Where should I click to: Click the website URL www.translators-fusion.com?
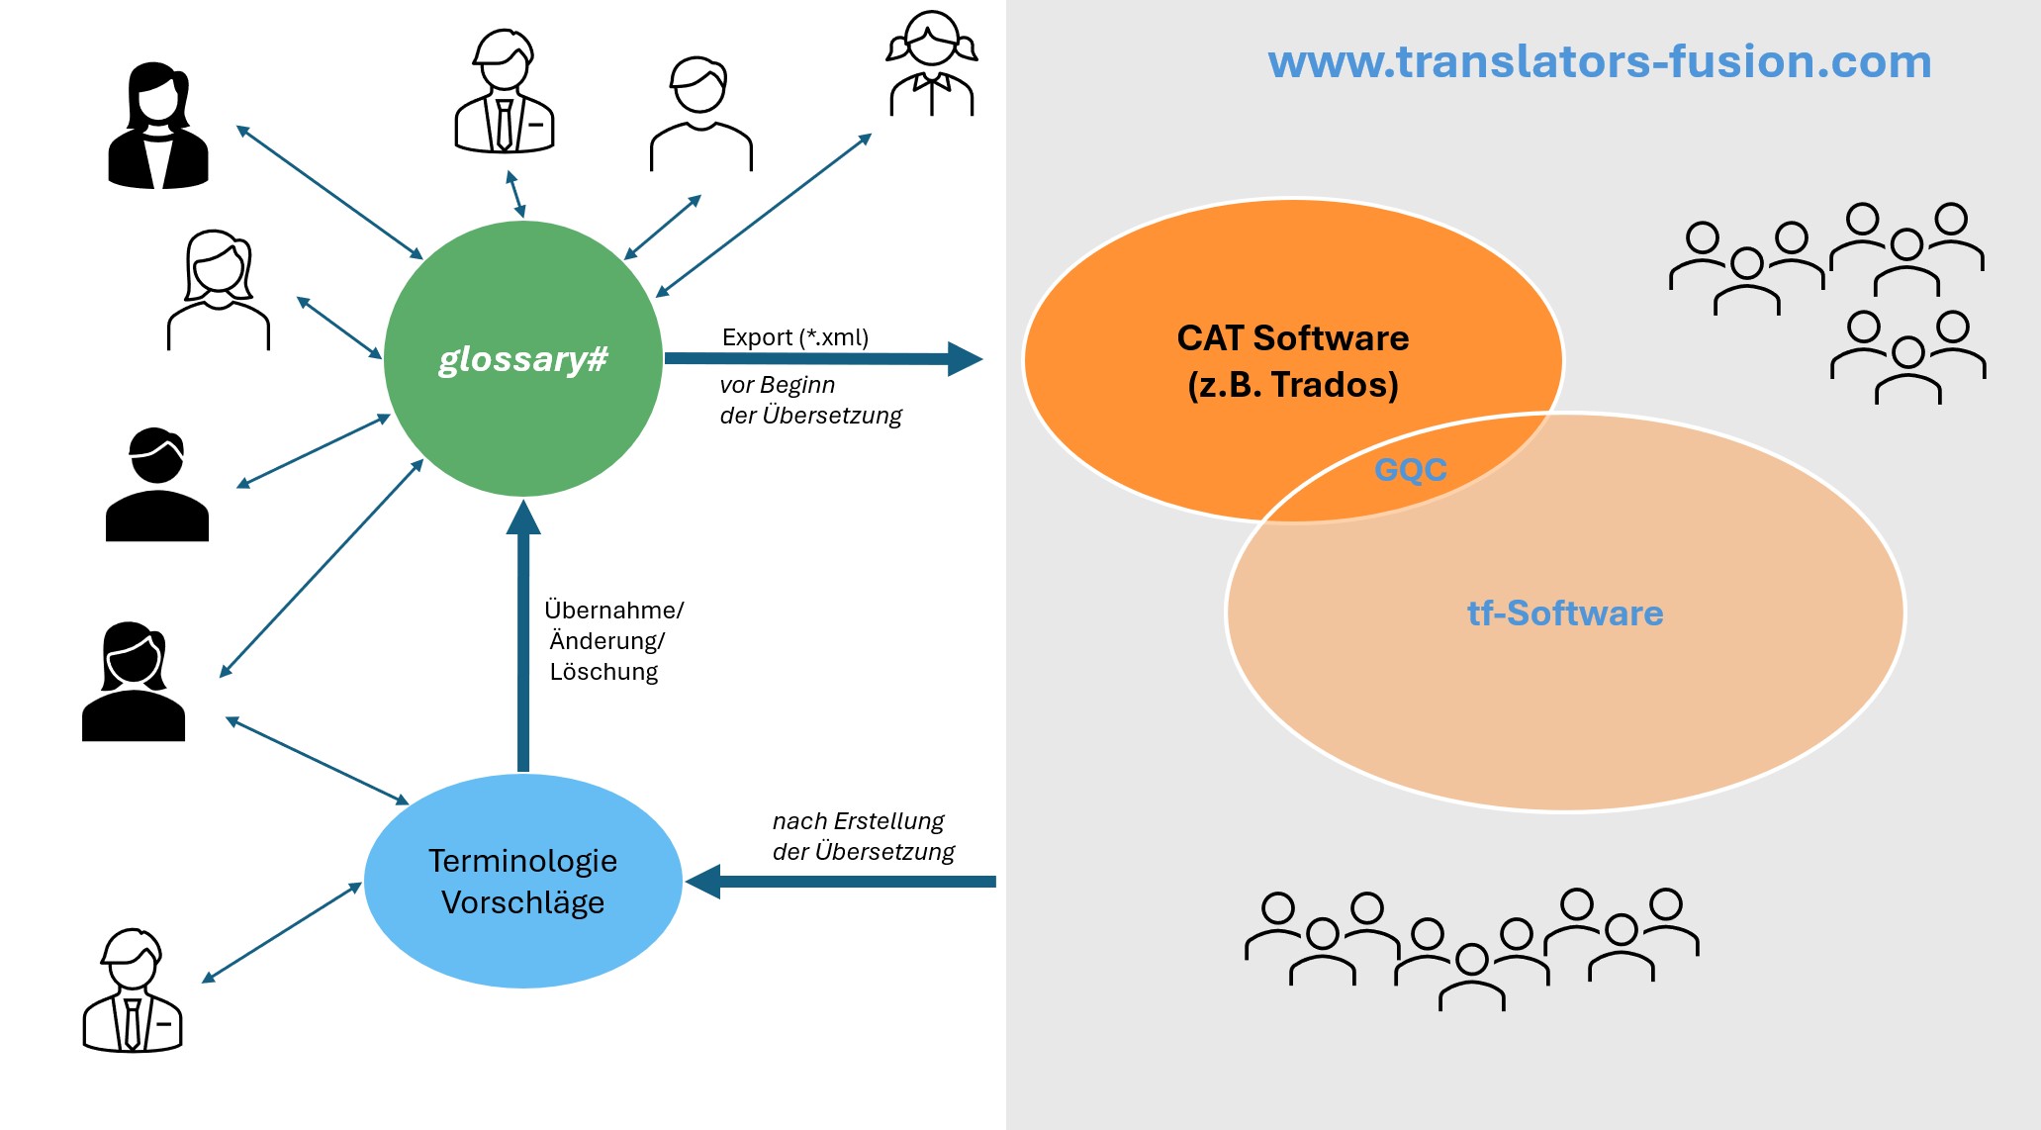(x=1599, y=61)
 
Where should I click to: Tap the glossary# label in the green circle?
(x=522, y=358)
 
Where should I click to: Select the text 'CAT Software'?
(x=1292, y=338)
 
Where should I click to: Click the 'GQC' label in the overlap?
(x=1410, y=469)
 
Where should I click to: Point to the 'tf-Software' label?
(x=1564, y=613)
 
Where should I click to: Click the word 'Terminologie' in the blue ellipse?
(x=522, y=861)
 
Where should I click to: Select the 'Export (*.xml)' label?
(x=794, y=337)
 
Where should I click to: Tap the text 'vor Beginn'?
(x=777, y=385)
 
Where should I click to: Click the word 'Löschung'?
(x=603, y=672)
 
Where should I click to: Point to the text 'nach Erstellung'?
(x=858, y=821)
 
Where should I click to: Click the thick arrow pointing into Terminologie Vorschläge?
(x=841, y=881)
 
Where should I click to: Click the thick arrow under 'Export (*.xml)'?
(x=821, y=358)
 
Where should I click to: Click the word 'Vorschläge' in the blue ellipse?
(x=522, y=902)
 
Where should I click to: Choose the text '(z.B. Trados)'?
(x=1292, y=385)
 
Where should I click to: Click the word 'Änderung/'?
(x=606, y=641)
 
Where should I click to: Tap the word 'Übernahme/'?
(x=613, y=611)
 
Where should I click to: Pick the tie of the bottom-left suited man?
(x=132, y=1023)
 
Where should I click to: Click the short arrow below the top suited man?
(x=515, y=194)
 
